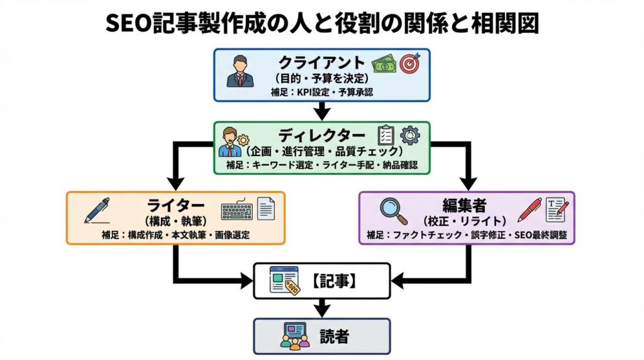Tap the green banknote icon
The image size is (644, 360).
click(384, 64)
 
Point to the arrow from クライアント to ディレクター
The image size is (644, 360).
click(322, 111)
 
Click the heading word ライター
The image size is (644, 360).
click(175, 206)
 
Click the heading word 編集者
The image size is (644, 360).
click(466, 206)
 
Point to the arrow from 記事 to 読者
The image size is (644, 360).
click(322, 308)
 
